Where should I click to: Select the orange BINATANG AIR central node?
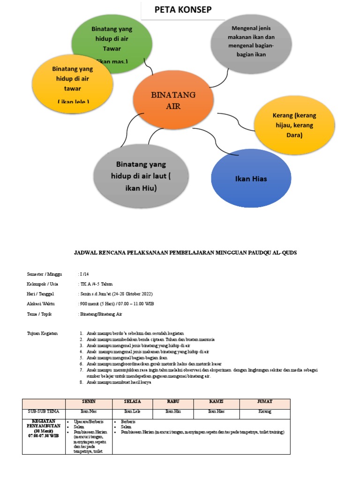click(x=173, y=100)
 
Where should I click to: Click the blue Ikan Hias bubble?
click(x=251, y=179)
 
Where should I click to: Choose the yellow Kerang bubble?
click(x=294, y=125)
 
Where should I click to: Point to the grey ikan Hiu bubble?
click(x=141, y=176)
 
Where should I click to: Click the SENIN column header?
click(x=89, y=402)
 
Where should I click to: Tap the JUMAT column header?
click(x=264, y=402)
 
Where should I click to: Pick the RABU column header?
click(x=173, y=402)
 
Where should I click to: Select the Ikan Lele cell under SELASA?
click(x=132, y=412)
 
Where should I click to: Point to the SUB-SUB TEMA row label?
click(x=44, y=412)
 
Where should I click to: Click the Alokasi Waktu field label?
click(x=42, y=304)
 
